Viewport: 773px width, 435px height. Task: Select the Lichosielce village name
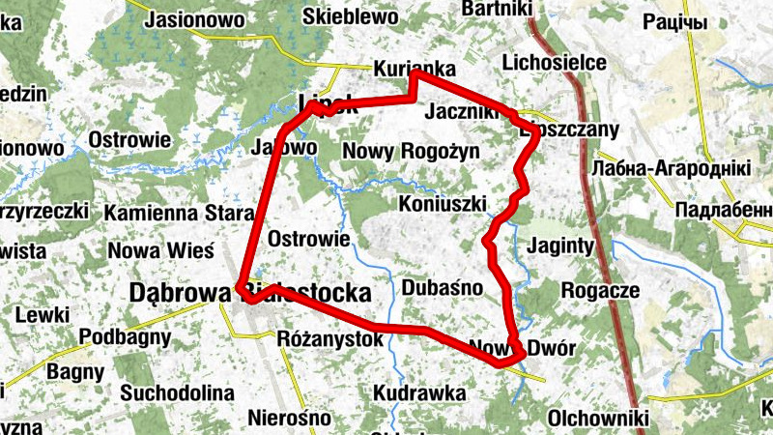[x=555, y=63]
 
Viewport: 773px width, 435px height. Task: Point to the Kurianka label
[x=415, y=70]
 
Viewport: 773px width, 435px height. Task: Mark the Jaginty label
[x=560, y=245]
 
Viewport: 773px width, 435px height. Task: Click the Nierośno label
[x=290, y=419]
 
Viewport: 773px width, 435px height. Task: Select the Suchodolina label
[x=178, y=393]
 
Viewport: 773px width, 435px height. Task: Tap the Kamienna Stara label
[x=167, y=212]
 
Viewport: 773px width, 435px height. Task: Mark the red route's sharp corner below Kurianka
[x=414, y=99]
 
